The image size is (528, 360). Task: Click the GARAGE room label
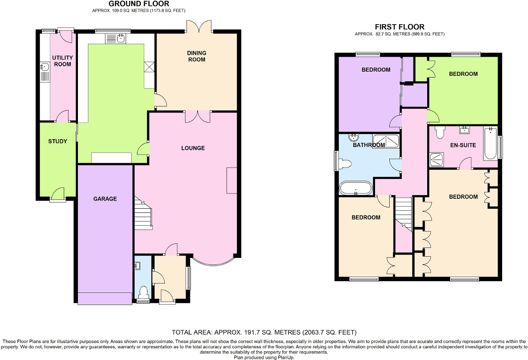[105, 199]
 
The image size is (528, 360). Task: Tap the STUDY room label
[58, 141]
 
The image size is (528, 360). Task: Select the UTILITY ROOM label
[63, 61]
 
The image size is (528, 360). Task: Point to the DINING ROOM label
[197, 56]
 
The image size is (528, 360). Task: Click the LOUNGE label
[193, 148]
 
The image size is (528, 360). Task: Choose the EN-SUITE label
[463, 145]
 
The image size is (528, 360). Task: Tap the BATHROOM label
[369, 145]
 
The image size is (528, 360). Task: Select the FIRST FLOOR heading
[400, 27]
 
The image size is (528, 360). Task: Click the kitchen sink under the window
[116, 39]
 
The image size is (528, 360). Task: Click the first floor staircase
[403, 212]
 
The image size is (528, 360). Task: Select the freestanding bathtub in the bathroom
[355, 188]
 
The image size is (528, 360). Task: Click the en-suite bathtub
[490, 143]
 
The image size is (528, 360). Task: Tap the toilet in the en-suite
[439, 132]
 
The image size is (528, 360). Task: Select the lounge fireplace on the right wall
[232, 180]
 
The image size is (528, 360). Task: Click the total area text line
[264, 332]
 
